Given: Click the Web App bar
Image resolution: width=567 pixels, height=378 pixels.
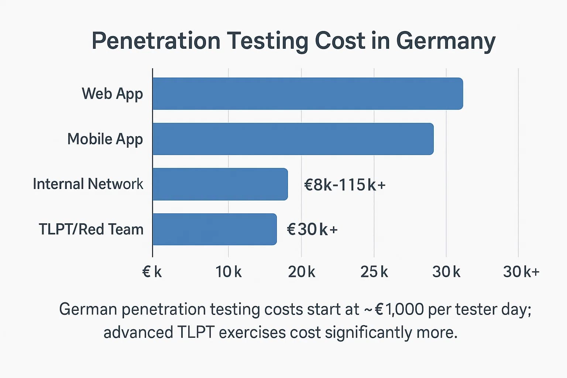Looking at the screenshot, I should (x=307, y=94).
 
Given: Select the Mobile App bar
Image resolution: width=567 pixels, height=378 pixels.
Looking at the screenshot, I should (x=293, y=139).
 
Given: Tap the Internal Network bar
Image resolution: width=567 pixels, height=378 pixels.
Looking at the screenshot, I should (x=220, y=184).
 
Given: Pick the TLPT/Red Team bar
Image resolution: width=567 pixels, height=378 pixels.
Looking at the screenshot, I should (x=214, y=229).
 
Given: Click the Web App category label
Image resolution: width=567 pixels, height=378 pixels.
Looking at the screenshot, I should (x=112, y=94).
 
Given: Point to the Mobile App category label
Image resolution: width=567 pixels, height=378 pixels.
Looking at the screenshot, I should (x=105, y=139).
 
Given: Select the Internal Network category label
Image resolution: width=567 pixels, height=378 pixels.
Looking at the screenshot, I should (x=88, y=184).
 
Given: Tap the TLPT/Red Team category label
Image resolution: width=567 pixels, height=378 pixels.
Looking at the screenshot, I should (x=91, y=229).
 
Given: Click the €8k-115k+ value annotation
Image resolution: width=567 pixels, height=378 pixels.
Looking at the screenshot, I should (x=344, y=185).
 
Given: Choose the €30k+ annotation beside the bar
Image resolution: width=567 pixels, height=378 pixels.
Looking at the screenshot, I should (x=312, y=230).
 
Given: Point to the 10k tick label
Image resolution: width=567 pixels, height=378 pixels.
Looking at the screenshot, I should (x=228, y=272).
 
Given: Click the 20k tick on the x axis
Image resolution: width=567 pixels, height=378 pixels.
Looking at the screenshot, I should (x=301, y=272).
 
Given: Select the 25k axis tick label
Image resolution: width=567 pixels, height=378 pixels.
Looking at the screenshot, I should (x=374, y=272).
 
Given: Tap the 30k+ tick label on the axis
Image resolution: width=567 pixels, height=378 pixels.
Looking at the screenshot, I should (x=521, y=272).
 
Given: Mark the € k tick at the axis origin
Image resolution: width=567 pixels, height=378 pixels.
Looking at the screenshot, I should (x=152, y=272).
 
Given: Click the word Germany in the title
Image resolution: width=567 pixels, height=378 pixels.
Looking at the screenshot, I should (x=446, y=41).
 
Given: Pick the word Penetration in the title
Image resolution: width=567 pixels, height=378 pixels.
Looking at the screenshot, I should (x=156, y=41).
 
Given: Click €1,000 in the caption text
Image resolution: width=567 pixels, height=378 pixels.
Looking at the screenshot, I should (x=399, y=309).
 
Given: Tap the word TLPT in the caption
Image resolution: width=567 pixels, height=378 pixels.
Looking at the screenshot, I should (x=196, y=333).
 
